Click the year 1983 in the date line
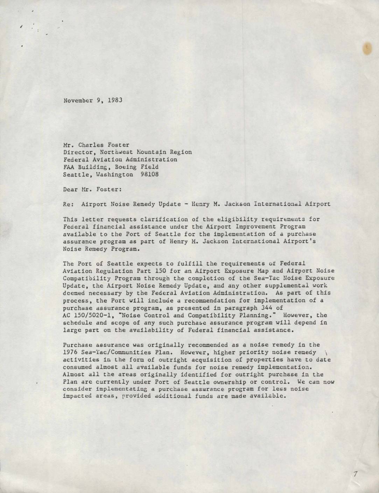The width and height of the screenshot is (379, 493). (x=115, y=100)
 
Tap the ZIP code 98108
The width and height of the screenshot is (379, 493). (x=149, y=174)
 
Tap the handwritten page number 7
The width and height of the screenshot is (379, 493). (x=355, y=474)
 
